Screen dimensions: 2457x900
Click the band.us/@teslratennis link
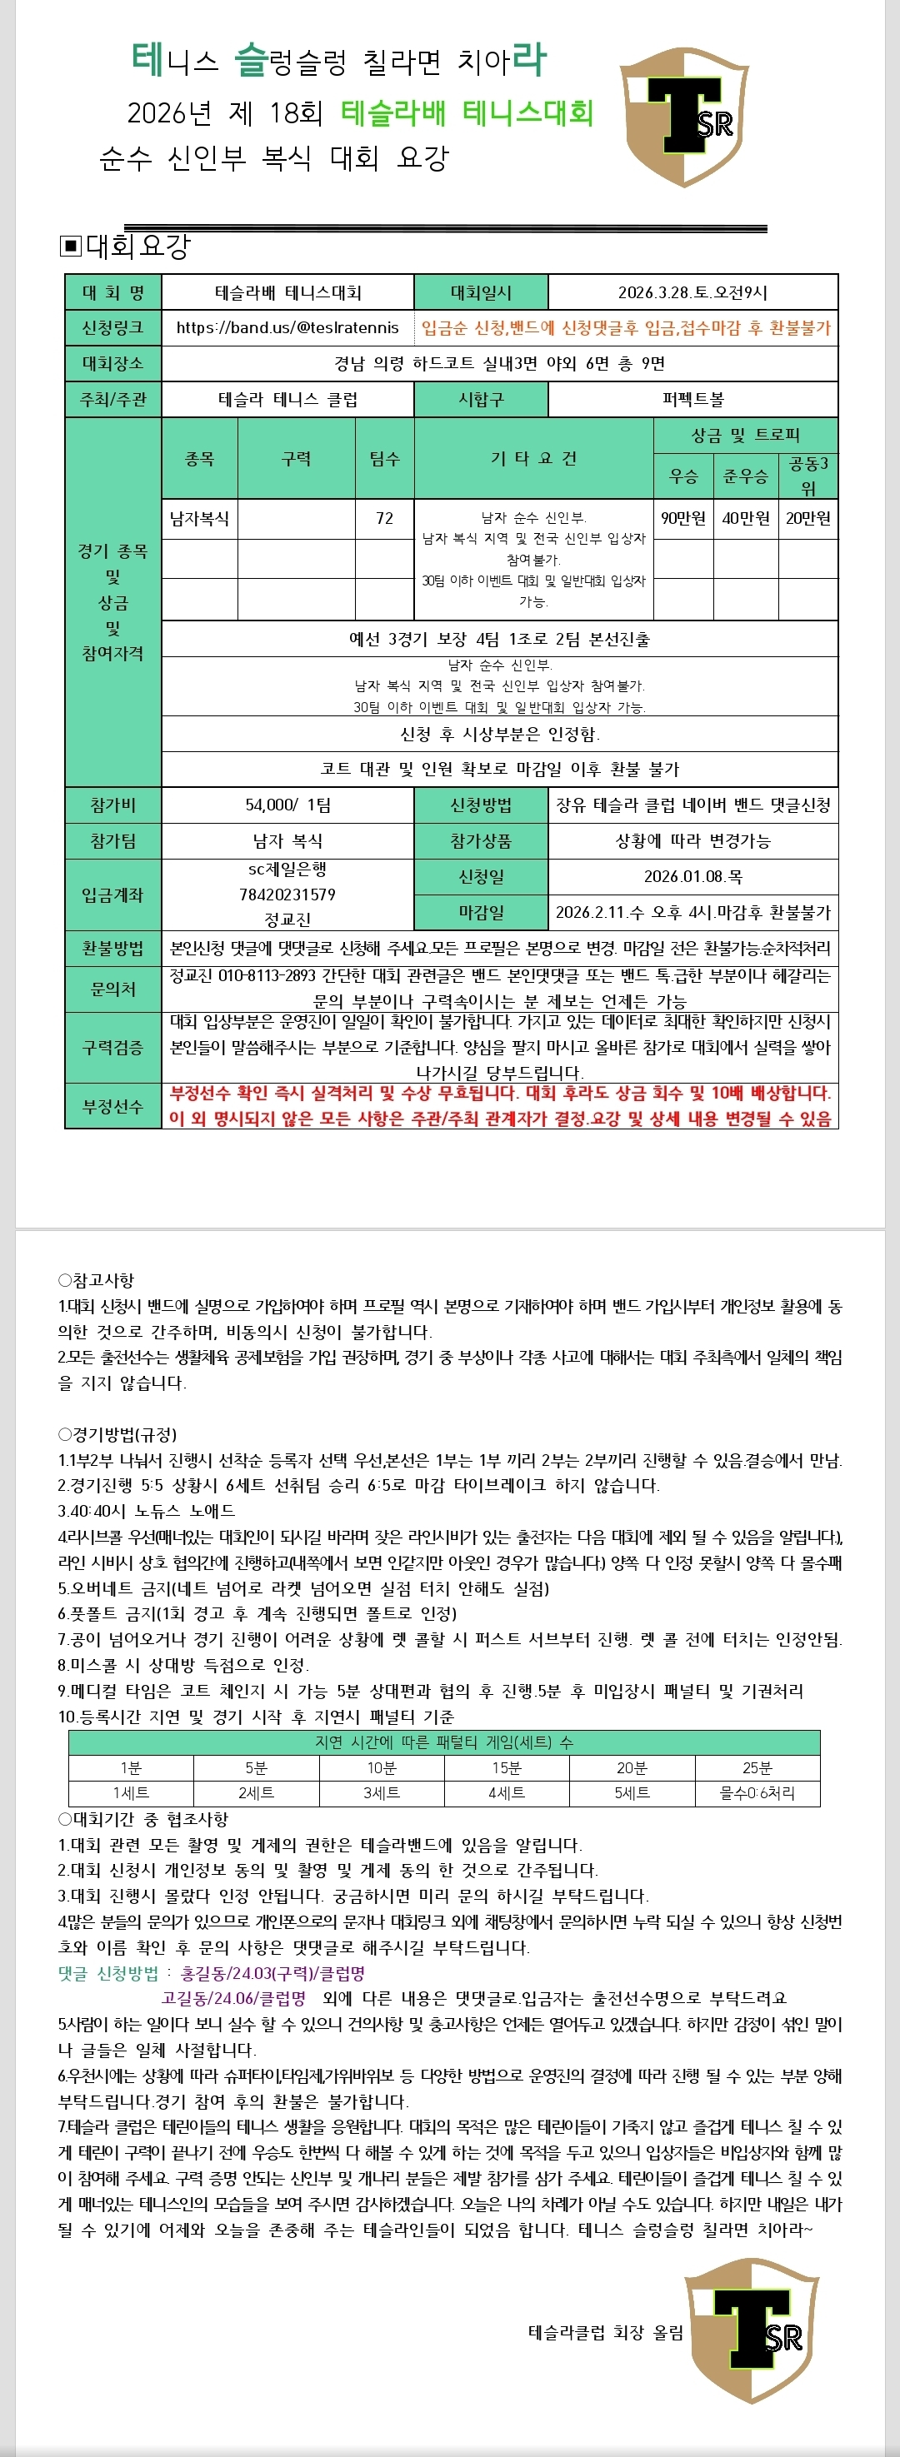point(287,327)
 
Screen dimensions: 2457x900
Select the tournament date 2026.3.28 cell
point(692,292)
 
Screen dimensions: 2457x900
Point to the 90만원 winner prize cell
point(683,518)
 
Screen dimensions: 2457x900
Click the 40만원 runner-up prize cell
point(745,518)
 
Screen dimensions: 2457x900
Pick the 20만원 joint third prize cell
point(807,518)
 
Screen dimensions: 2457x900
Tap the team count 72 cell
point(385,518)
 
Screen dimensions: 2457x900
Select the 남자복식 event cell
point(199,518)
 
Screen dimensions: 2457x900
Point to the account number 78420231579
point(287,894)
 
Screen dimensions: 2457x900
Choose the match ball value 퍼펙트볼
point(692,399)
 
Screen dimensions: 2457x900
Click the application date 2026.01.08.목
point(692,875)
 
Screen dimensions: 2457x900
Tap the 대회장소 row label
point(112,363)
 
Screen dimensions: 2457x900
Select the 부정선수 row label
point(112,1106)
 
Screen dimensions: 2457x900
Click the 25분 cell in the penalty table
point(757,1767)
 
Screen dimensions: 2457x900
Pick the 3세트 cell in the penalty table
point(382,1792)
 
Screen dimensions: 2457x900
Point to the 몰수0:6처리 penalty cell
point(757,1792)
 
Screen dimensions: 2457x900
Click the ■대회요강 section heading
point(125,246)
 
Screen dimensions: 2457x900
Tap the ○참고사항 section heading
point(97,1280)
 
